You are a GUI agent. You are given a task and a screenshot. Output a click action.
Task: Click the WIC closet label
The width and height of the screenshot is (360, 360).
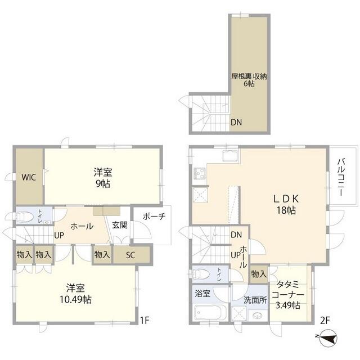[x=29, y=177]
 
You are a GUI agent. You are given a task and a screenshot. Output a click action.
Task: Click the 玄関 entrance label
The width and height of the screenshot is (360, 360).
[x=119, y=226]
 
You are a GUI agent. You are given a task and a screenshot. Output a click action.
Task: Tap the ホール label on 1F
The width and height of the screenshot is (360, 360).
[x=82, y=226]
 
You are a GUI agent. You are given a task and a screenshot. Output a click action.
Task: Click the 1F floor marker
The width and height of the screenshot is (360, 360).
[x=145, y=321]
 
